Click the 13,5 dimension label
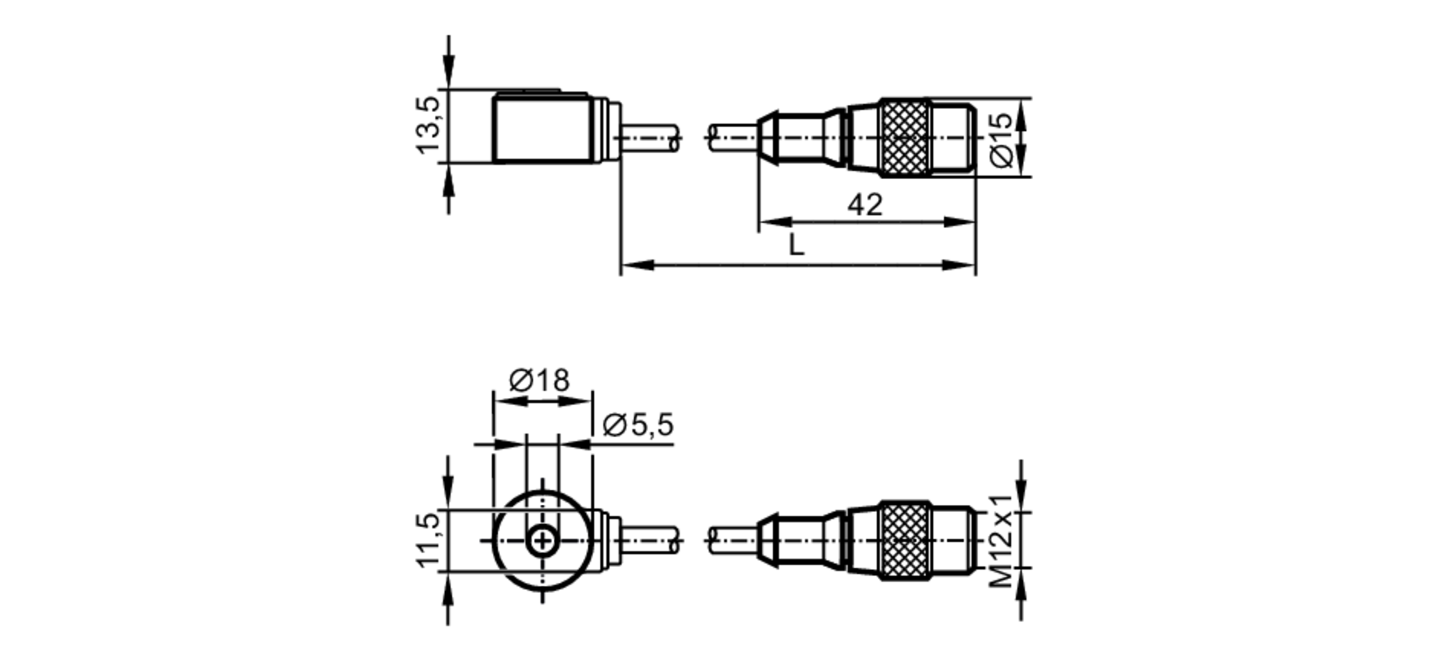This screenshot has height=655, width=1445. pyautogui.click(x=427, y=125)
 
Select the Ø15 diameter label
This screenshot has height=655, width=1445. pyautogui.click(x=1001, y=140)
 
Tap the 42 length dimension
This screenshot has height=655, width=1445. pyautogui.click(x=865, y=204)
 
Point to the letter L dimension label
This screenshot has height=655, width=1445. pyautogui.click(x=795, y=246)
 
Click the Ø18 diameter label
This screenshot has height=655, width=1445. pyautogui.click(x=539, y=379)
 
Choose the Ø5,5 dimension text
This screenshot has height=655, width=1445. pyautogui.click(x=637, y=425)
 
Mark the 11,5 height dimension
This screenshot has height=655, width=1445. pyautogui.click(x=427, y=539)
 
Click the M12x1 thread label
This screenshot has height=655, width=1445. pyautogui.click(x=1001, y=541)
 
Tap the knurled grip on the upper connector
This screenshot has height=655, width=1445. pyautogui.click(x=904, y=138)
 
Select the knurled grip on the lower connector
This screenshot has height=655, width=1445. pyautogui.click(x=904, y=541)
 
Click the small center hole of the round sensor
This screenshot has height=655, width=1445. pyautogui.click(x=541, y=541)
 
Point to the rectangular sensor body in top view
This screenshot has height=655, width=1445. pyautogui.click(x=542, y=129)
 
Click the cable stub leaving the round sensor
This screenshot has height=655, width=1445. pyautogui.click(x=650, y=541)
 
